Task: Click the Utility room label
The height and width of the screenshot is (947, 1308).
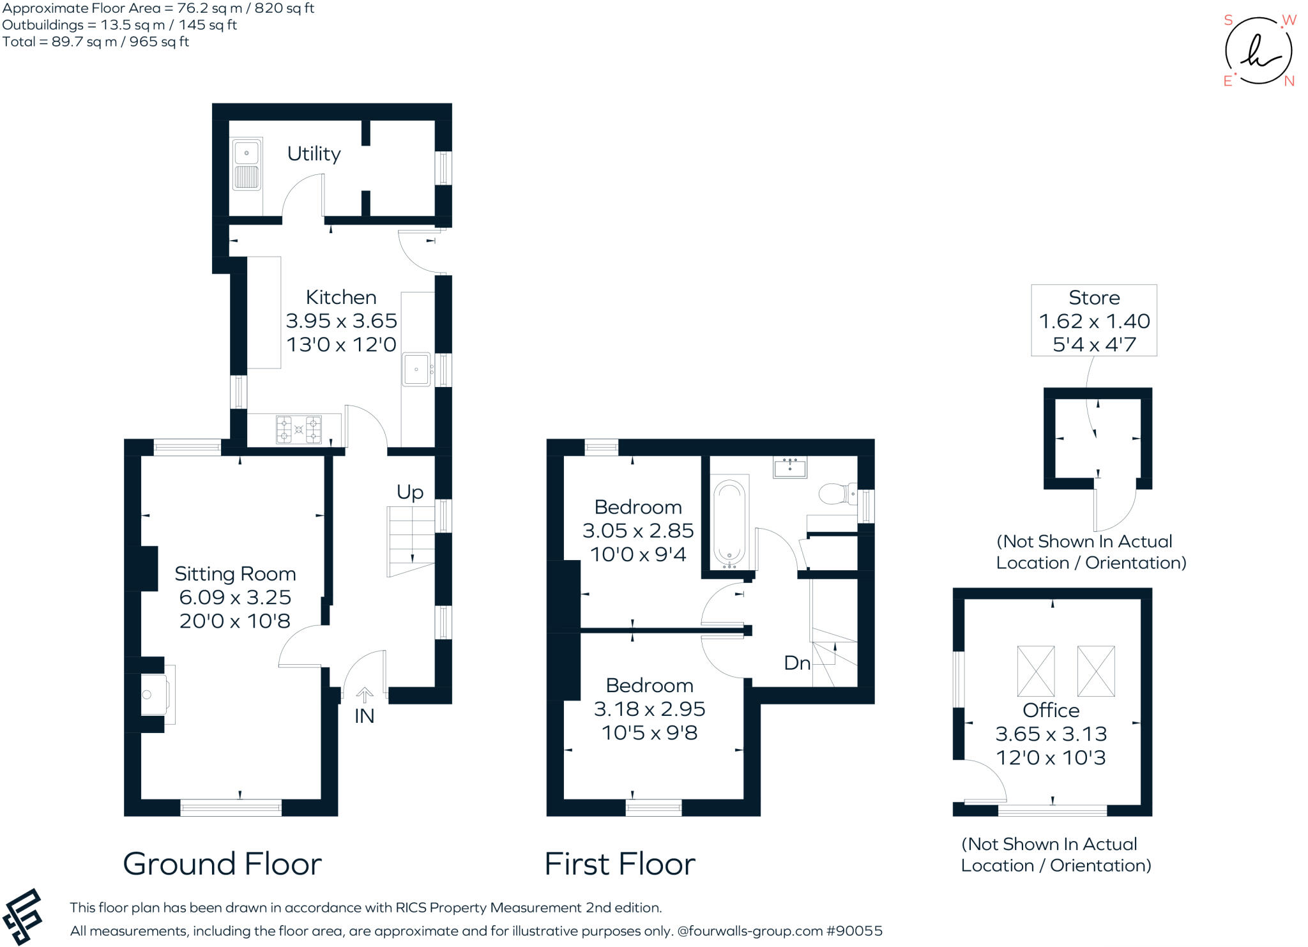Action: [314, 154]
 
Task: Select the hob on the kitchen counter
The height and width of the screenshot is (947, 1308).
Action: [298, 429]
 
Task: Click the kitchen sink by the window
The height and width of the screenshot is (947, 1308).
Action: [416, 369]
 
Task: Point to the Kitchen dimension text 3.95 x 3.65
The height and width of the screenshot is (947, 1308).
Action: [341, 321]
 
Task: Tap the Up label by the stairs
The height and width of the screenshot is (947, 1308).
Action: [410, 492]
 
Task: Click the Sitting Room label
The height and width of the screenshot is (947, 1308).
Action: [235, 573]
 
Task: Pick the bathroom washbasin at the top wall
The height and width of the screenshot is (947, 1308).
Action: [790, 468]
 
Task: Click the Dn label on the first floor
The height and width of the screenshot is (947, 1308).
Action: [797, 663]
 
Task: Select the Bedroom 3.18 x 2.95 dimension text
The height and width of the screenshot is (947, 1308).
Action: [650, 709]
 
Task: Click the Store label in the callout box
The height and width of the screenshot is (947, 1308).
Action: [1094, 298]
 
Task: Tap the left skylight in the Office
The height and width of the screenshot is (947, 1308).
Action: [1035, 671]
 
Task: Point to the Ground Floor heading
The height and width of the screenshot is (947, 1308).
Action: [222, 864]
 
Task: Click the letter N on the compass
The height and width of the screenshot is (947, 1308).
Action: [1289, 81]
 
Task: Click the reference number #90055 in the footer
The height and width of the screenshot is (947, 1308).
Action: [854, 931]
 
